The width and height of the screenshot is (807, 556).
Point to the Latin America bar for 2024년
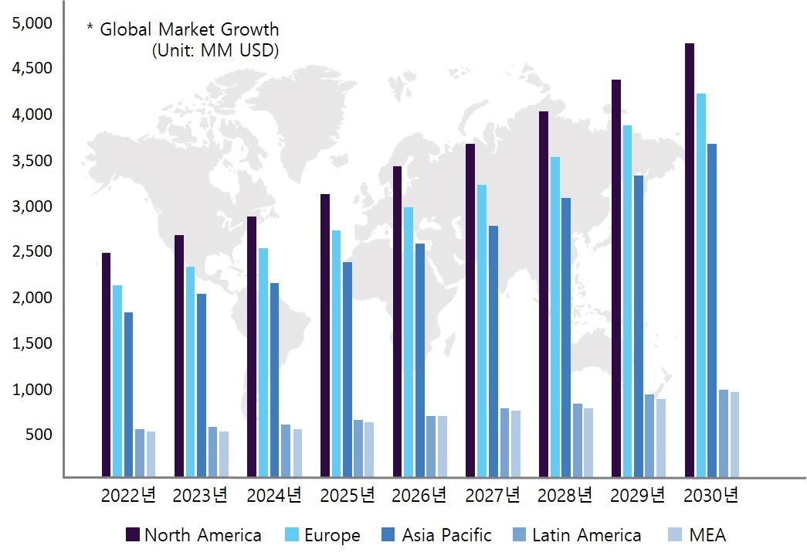click(286, 451)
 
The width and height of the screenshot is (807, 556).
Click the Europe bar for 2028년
click(555, 317)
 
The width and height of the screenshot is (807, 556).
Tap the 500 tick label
click(38, 435)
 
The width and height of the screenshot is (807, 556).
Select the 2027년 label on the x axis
click(492, 496)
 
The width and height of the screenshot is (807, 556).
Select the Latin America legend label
click(586, 535)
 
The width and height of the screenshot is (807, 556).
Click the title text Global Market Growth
click(188, 30)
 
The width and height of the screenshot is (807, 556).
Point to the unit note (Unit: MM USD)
click(215, 50)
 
